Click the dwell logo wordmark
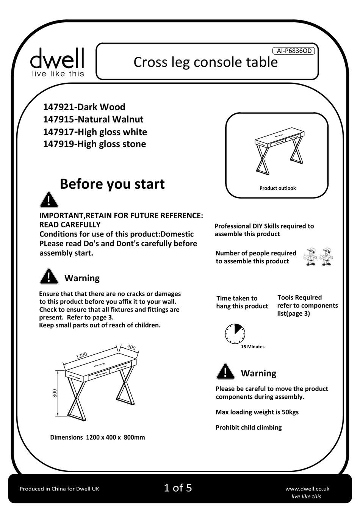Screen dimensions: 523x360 pos(57,59)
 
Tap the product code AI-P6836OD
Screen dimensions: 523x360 pos(294,51)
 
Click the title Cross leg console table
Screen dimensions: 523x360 pos(205,62)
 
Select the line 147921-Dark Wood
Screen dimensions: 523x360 pos(84,107)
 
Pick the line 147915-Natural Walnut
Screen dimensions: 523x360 pos(93,119)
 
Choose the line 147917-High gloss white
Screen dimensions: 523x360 pos(95,132)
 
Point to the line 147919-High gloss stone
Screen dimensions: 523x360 pos(94,144)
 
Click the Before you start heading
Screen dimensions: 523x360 pos(112,184)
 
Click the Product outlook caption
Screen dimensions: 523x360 pos(277,188)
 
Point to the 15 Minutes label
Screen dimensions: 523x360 pos(253,347)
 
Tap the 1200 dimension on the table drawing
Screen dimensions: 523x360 pos(81,355)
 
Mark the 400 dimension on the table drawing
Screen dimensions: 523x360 pos(131,347)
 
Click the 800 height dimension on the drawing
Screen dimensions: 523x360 pos(55,393)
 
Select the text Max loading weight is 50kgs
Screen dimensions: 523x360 pos(257,412)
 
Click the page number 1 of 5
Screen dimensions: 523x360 pos(178,488)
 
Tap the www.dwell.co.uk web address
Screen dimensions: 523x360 pos(307,489)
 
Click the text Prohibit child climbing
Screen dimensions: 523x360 pos(249,427)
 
